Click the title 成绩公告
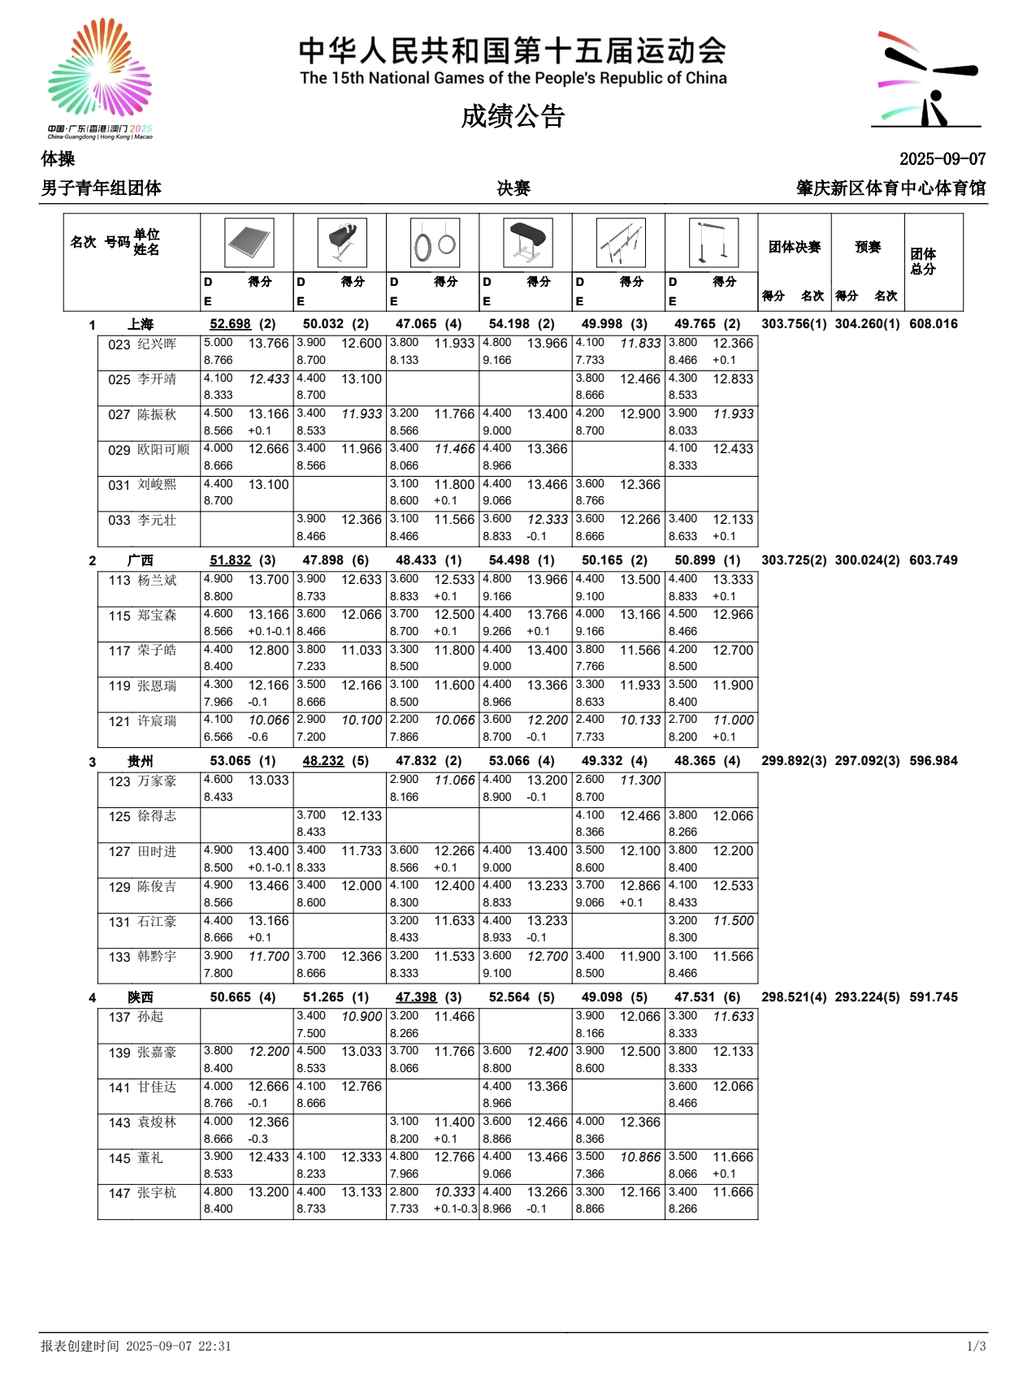pos(513,116)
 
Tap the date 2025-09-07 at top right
pos(942,159)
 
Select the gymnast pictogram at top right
pos(927,80)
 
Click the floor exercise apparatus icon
pos(249,242)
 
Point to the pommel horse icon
pos(342,242)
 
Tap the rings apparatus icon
pos(435,243)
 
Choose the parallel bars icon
pos(621,243)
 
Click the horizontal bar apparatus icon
pos(713,243)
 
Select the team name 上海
pos(141,324)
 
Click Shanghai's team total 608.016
pos(934,324)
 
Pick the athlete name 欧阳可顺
pos(163,449)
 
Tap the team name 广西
pos(141,560)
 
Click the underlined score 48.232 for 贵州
pos(323,761)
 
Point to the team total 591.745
pos(934,997)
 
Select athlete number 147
pos(119,1193)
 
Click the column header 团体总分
pos(923,262)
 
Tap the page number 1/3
pos(976,1346)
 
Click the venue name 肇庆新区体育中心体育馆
pos(890,188)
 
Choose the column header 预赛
pos(868,247)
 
